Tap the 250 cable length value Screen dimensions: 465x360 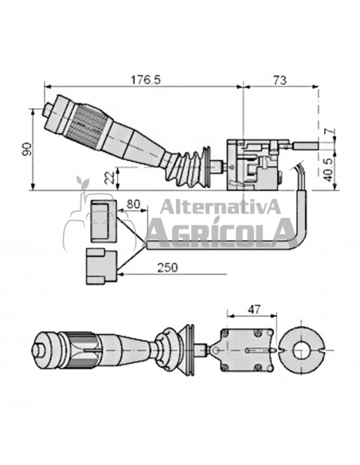[x=167, y=268]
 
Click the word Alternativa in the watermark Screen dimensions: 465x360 [x=221, y=209]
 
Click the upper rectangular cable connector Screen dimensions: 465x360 [x=102, y=221]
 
